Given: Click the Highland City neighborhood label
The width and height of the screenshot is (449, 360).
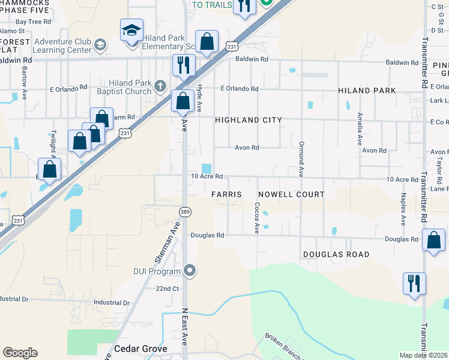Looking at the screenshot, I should [249, 120].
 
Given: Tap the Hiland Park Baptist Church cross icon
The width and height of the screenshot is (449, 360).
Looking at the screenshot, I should [160, 86].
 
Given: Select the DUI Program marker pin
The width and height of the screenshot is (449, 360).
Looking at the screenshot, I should [190, 271].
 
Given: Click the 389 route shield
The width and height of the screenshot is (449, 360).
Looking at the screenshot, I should [185, 211].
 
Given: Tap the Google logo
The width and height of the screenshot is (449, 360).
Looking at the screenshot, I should [20, 353].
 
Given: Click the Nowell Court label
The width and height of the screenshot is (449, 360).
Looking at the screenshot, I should [291, 194].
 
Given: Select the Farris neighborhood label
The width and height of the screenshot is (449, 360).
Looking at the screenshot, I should [226, 194].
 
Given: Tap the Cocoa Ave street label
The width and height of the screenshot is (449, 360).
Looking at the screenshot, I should [257, 217].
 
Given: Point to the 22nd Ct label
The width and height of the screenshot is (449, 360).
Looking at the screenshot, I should [167, 289].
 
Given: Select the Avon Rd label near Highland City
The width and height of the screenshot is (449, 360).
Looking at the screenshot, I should [246, 148].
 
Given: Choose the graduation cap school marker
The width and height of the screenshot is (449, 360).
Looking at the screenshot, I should [131, 31].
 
